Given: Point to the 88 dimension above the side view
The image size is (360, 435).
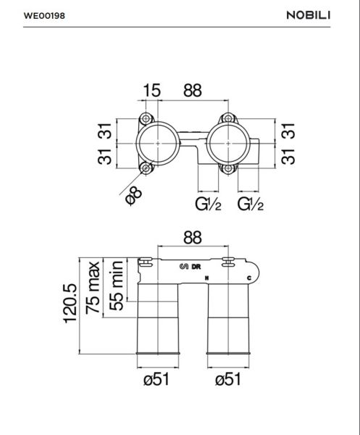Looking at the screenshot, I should click(x=192, y=238).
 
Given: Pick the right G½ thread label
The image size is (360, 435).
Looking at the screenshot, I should click(x=250, y=204).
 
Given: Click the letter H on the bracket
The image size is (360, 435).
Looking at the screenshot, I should click(x=207, y=278).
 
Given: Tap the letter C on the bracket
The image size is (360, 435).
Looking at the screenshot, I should click(x=248, y=278).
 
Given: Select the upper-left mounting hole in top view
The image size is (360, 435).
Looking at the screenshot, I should click(x=147, y=119).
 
